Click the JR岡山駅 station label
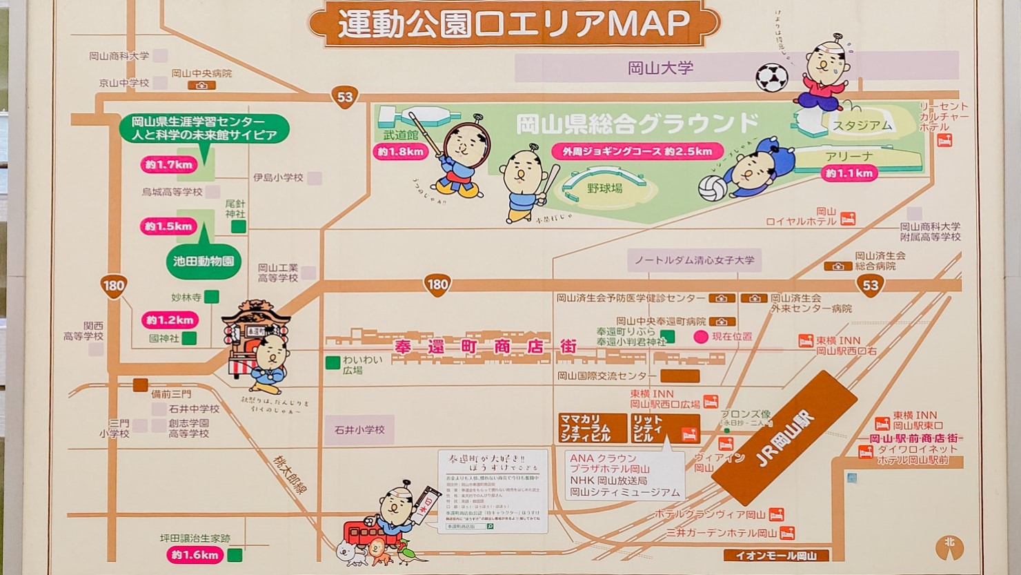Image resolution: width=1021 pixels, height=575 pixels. tap(784, 439)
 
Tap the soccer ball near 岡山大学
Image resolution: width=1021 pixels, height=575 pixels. tap(771, 77)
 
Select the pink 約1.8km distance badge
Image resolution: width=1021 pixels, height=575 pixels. tap(400, 152)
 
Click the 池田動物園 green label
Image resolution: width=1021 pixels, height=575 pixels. tap(204, 262)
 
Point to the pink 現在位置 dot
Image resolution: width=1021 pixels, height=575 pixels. tap(701, 337)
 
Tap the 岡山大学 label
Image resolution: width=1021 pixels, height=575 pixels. tap(660, 68)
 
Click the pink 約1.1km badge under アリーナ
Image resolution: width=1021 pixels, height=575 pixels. tap(849, 174)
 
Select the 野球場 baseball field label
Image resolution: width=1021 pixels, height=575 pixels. tap(605, 188)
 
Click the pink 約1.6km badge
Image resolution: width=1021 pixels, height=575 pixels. tap(195, 555)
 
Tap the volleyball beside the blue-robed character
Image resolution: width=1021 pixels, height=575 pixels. tap(713, 187)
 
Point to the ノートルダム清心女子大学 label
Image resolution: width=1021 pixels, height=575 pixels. tap(694, 260)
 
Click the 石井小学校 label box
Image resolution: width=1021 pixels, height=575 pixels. tap(359, 430)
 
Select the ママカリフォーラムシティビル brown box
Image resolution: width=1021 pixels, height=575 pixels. tap(593, 428)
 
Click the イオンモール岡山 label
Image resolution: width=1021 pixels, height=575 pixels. tap(776, 556)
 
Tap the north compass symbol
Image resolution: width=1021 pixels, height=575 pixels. tap(949, 547)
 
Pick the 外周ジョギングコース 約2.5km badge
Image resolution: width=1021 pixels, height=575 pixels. tap(637, 151)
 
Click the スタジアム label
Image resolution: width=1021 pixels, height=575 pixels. tap(862, 126)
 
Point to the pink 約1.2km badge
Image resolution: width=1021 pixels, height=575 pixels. tap(169, 320)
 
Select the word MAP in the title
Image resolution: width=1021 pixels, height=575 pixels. tap(648, 23)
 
